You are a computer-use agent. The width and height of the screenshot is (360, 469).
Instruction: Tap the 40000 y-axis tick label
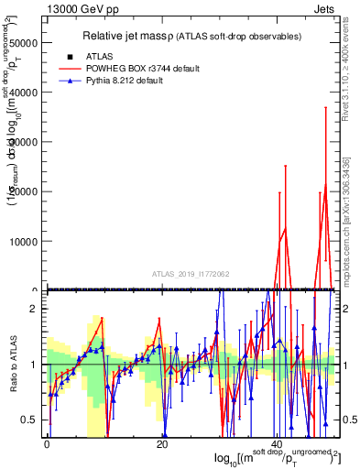(x=24, y=93)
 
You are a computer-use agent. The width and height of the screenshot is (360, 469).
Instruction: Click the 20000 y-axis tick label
(x=24, y=191)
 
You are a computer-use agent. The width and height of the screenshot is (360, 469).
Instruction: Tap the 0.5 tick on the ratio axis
(x=32, y=420)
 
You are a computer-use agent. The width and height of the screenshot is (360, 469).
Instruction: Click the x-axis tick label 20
(x=162, y=444)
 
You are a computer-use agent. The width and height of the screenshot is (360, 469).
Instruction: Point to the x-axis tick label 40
(x=278, y=444)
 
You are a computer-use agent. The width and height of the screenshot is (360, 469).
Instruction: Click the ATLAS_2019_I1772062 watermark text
(x=191, y=274)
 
